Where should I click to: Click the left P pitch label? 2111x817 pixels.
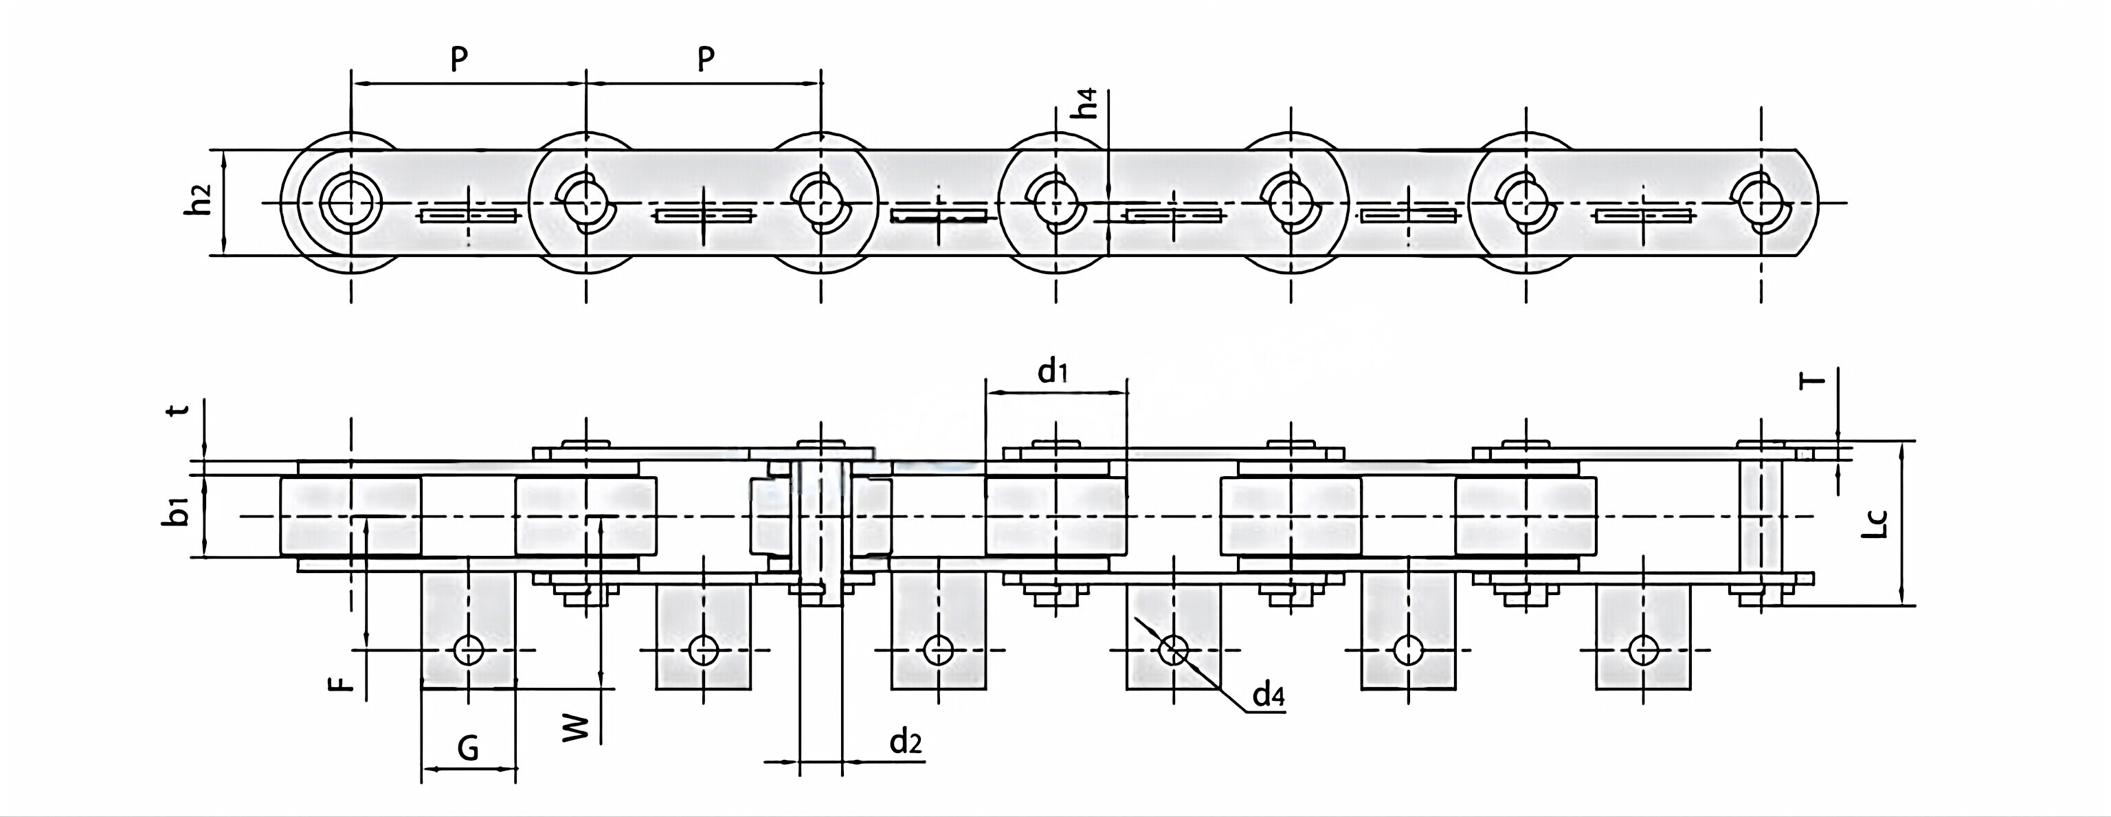[x=460, y=60]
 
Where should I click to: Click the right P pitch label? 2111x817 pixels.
[x=706, y=60]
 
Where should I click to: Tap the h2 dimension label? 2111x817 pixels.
[x=199, y=201]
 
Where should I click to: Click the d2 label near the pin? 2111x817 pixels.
[x=906, y=741]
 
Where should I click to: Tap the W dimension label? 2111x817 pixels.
[x=578, y=727]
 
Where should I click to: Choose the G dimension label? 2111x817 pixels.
[x=467, y=748]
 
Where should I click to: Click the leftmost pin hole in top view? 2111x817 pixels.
[x=350, y=201]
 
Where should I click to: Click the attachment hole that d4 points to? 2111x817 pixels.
[x=1174, y=651]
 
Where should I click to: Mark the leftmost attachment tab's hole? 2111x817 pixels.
[x=469, y=651]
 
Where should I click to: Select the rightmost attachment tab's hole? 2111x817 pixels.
[x=1643, y=651]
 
